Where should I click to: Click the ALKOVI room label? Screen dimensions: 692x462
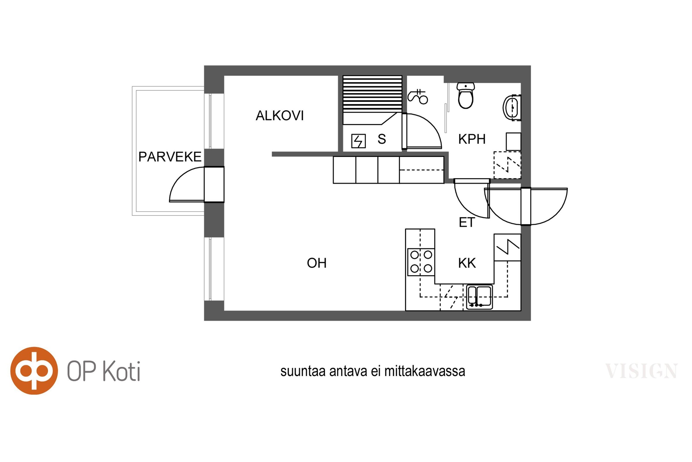279,115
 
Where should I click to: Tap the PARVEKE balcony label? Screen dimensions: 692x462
170,157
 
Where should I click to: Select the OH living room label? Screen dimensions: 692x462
317,263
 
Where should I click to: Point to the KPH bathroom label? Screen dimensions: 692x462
472,139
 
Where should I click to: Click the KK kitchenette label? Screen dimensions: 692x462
467,263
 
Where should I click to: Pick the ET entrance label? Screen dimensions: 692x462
467,222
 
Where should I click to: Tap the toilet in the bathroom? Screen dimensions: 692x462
466,96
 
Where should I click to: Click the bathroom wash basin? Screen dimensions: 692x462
512,107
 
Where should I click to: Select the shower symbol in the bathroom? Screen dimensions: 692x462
418,97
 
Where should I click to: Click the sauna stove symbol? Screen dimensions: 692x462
358,141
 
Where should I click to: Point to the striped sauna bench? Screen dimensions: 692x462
373,100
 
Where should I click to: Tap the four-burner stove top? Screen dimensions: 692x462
421,262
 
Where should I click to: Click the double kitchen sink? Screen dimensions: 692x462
479,297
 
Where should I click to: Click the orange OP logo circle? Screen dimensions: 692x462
34,371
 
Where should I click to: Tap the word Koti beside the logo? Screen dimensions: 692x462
121,371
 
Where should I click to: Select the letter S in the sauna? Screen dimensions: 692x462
382,139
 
